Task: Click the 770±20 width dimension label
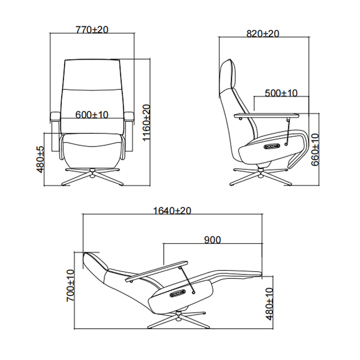[x=92, y=30]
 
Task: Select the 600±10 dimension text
[x=92, y=115]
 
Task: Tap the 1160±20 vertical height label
[x=146, y=123]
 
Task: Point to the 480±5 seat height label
[x=40, y=159]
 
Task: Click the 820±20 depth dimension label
[x=263, y=34]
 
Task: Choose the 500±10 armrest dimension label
[x=281, y=93]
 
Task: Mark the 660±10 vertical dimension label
[x=315, y=150]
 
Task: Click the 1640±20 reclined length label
[x=172, y=211]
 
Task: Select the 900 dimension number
[x=212, y=240]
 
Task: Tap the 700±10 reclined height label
[x=70, y=286]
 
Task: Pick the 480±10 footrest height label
[x=270, y=304]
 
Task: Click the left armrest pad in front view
[x=55, y=117]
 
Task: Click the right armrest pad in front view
[x=129, y=117]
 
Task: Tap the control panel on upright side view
[x=272, y=146]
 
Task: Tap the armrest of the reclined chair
[x=157, y=271]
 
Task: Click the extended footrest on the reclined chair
[x=237, y=274]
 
